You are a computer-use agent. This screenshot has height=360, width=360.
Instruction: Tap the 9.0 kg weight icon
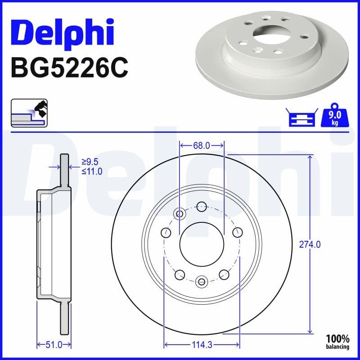pyautogui.click(x=334, y=117)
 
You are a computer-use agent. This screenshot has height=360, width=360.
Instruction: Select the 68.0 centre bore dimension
pyautogui.click(x=202, y=145)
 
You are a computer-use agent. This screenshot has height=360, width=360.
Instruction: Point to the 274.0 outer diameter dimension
pyautogui.click(x=310, y=244)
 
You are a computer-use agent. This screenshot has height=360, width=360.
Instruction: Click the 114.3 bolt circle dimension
pyautogui.click(x=202, y=345)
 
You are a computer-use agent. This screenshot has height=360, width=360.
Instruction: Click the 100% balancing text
pyautogui.click(x=337, y=341)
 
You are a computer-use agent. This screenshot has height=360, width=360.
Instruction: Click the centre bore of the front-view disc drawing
pyautogui.click(x=202, y=245)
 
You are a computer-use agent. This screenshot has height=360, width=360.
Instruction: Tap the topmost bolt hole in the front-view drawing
pyautogui.click(x=202, y=207)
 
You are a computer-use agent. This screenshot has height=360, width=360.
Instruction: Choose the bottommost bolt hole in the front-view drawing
pyautogui.click(x=202, y=282)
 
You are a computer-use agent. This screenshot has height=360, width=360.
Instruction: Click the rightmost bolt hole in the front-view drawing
pyautogui.click(x=237, y=232)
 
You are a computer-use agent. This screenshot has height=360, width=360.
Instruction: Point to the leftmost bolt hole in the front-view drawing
pyautogui.click(x=166, y=233)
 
